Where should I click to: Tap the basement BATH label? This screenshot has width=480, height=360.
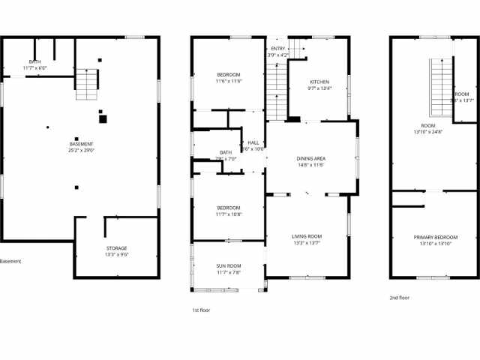(35, 61)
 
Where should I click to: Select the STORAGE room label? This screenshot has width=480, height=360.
(116, 248)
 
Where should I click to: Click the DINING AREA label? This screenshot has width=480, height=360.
(310, 158)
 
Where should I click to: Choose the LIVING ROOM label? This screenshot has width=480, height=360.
(307, 236)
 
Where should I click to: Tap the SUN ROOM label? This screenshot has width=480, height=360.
(229, 266)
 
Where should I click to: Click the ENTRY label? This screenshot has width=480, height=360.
(278, 49)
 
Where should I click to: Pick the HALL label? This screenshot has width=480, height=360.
(253, 142)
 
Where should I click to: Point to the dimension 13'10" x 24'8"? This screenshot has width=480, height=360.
(428, 132)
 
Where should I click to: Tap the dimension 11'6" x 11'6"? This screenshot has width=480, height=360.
(229, 81)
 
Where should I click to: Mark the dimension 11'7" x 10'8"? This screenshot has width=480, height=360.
(229, 214)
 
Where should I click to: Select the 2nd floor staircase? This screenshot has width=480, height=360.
(439, 89)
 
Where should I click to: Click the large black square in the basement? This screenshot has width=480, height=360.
(103, 118)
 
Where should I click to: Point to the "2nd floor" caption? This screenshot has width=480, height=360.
(400, 298)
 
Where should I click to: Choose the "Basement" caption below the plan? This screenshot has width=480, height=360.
(10, 262)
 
